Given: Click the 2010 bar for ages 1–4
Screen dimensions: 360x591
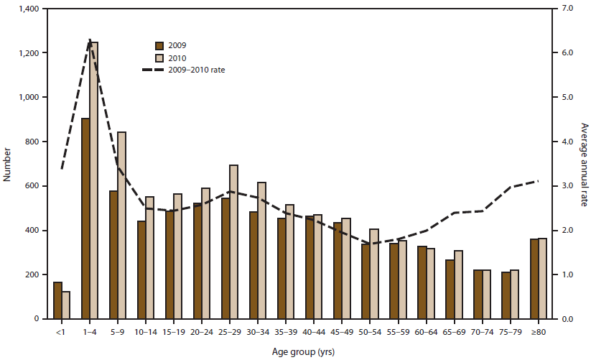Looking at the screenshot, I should pos(94,180).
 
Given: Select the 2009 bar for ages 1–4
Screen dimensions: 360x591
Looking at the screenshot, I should pos(85,218).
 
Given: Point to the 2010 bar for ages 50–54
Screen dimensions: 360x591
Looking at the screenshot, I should pos(374,274).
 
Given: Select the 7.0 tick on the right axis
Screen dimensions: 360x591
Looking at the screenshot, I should pos(564,9).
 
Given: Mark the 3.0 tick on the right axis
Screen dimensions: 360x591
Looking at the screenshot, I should pos(564,186).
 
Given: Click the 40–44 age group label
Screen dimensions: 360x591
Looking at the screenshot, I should pos(314,333).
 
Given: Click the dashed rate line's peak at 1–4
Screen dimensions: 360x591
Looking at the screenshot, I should pos(90,40).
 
